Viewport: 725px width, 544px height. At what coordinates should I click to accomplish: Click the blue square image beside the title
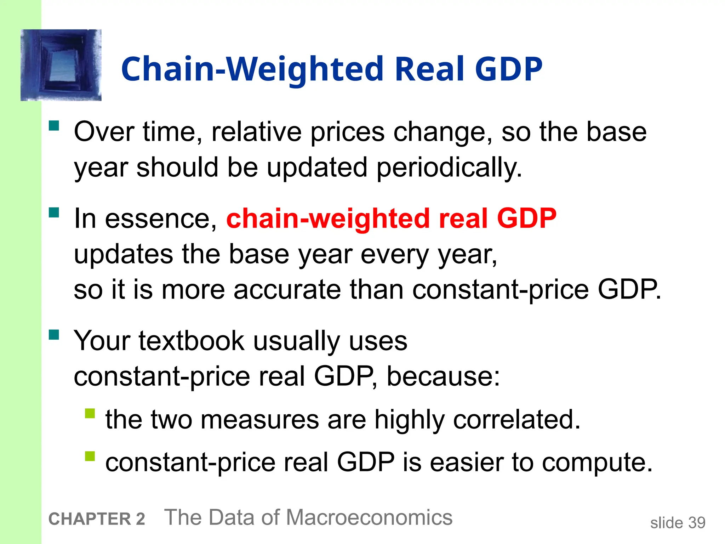(x=61, y=65)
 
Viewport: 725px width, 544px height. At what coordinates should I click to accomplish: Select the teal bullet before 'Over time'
(x=54, y=126)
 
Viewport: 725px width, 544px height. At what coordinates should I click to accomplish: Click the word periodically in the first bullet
(x=449, y=168)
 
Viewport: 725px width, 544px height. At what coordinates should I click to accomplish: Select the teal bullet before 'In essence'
(x=54, y=212)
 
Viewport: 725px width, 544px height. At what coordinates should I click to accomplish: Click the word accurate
(x=287, y=290)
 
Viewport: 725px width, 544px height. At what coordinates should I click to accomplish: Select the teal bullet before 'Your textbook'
(x=54, y=335)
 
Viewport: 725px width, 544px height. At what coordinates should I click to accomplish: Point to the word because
(x=443, y=376)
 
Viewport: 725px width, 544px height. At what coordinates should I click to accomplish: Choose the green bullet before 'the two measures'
(x=90, y=413)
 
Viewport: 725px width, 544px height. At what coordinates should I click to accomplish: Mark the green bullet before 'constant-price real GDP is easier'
(x=90, y=456)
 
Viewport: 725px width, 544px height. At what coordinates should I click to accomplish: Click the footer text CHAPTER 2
(x=97, y=519)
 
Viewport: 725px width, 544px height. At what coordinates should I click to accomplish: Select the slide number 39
(x=697, y=523)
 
